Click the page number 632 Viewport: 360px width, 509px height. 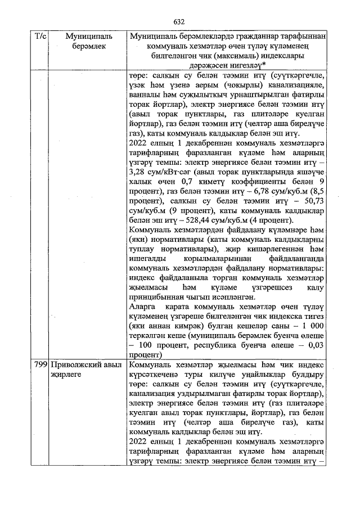[x=179, y=21]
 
